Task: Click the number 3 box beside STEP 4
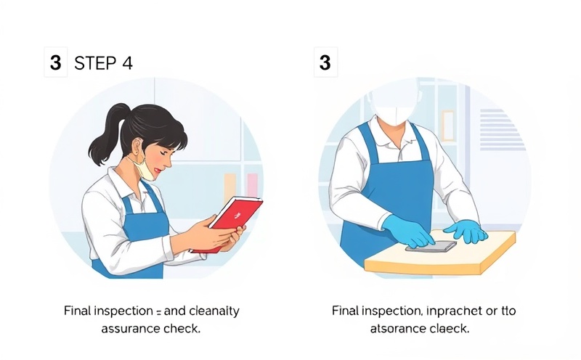pyautogui.click(x=55, y=63)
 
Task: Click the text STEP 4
pyautogui.click(x=103, y=63)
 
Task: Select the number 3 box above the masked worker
pyautogui.click(x=325, y=63)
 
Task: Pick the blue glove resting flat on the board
pyautogui.click(x=466, y=231)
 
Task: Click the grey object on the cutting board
pyautogui.click(x=435, y=245)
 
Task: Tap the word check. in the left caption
pyautogui.click(x=183, y=328)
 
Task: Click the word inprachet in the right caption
pyautogui.click(x=455, y=311)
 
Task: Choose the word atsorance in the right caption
pyautogui.click(x=397, y=328)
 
